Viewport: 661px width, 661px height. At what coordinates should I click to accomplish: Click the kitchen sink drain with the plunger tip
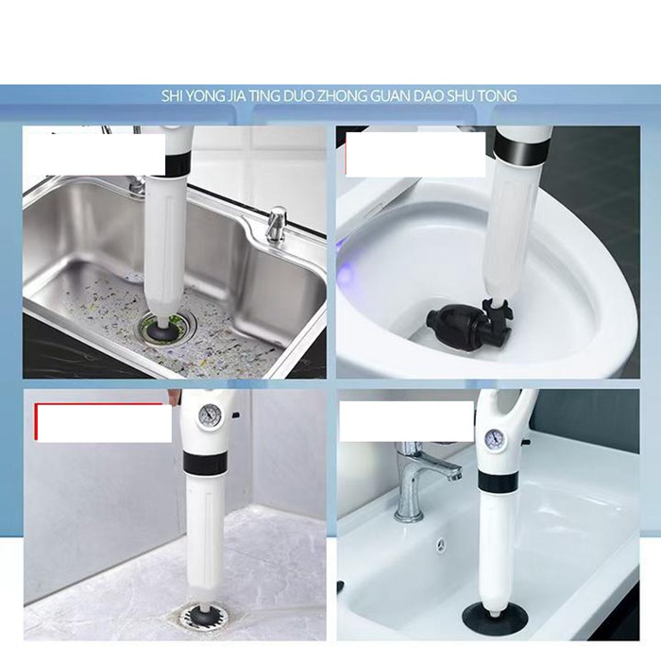pyautogui.click(x=167, y=325)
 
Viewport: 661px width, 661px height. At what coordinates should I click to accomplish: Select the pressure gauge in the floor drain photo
pyautogui.click(x=209, y=415)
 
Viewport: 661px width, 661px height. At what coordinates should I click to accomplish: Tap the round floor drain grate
pyautogui.click(x=204, y=619)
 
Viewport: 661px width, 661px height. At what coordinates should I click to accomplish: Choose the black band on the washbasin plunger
pyautogui.click(x=499, y=481)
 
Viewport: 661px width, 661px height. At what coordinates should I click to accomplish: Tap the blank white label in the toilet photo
pyautogui.click(x=415, y=154)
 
